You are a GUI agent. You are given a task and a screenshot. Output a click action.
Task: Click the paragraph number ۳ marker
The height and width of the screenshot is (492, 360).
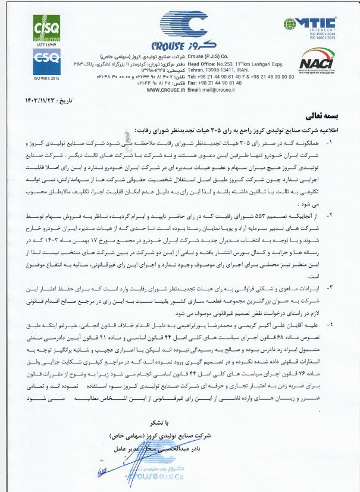coord(330,286)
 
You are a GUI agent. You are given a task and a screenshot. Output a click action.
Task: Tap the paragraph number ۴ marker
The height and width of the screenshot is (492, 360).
coord(330,325)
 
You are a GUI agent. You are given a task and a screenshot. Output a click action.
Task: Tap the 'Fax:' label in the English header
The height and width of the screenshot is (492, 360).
coord(193,83)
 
